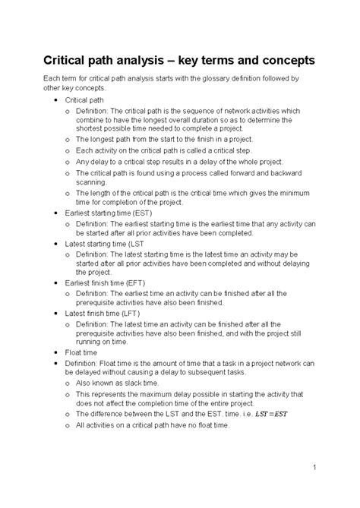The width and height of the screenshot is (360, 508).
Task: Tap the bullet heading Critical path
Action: pyautogui.click(x=86, y=100)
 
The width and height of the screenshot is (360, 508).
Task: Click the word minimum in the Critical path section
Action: pyautogui.click(x=292, y=193)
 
